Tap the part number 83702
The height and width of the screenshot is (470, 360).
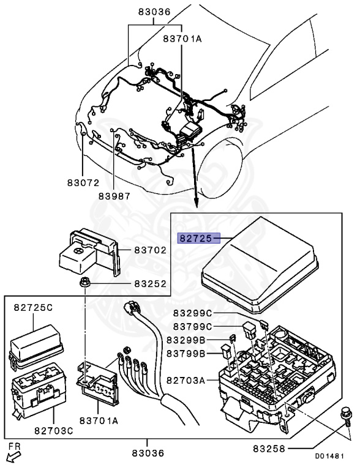(x=150, y=250)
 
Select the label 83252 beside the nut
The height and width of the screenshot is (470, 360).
(x=150, y=283)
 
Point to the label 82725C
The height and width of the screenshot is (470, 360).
(x=33, y=308)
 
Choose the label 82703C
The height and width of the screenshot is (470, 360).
(x=54, y=431)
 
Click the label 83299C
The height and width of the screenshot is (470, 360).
(x=193, y=313)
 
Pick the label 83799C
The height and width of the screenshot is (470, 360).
(x=193, y=326)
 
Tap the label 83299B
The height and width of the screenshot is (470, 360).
(x=186, y=340)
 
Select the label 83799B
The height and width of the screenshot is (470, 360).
(x=186, y=354)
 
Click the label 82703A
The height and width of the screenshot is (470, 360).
(x=186, y=381)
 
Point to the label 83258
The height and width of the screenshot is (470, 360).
(x=269, y=449)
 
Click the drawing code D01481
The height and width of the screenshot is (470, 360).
(x=329, y=457)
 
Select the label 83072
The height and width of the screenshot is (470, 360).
(x=83, y=182)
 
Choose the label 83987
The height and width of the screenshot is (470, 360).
(x=114, y=196)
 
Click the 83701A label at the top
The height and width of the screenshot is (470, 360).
(x=182, y=39)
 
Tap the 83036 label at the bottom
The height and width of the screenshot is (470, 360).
(x=148, y=453)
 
